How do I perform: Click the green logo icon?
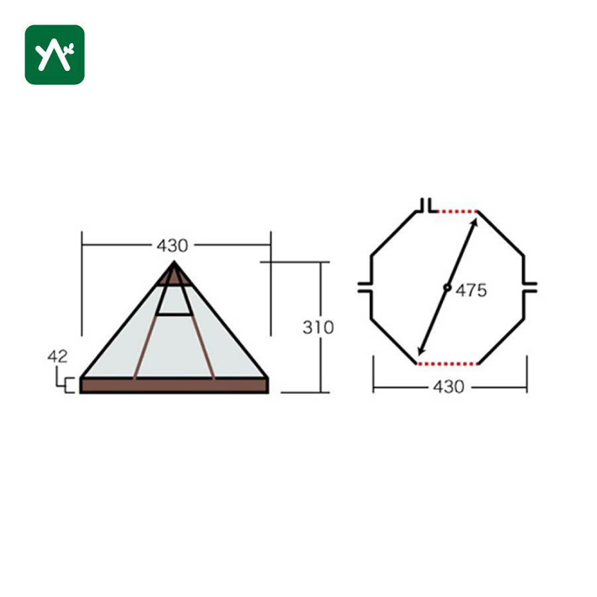(x=55, y=55)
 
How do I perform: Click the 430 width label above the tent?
(x=172, y=246)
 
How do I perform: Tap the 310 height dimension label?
(x=318, y=328)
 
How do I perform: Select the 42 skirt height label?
(x=58, y=356)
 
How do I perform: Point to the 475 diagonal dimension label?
(x=472, y=291)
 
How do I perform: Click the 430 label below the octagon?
(x=449, y=387)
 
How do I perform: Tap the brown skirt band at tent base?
(x=174, y=385)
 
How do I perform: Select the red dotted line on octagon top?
(x=457, y=212)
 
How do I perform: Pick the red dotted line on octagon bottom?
(x=448, y=364)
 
